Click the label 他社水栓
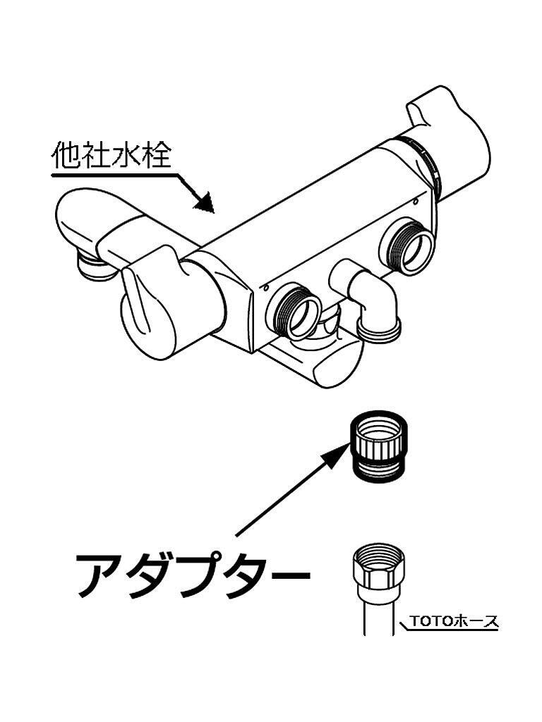pos(111,156)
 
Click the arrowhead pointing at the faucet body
pos(203,202)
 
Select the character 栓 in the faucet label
pos(155,156)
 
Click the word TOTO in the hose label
pos(426,621)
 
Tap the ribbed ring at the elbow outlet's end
pos(380,328)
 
